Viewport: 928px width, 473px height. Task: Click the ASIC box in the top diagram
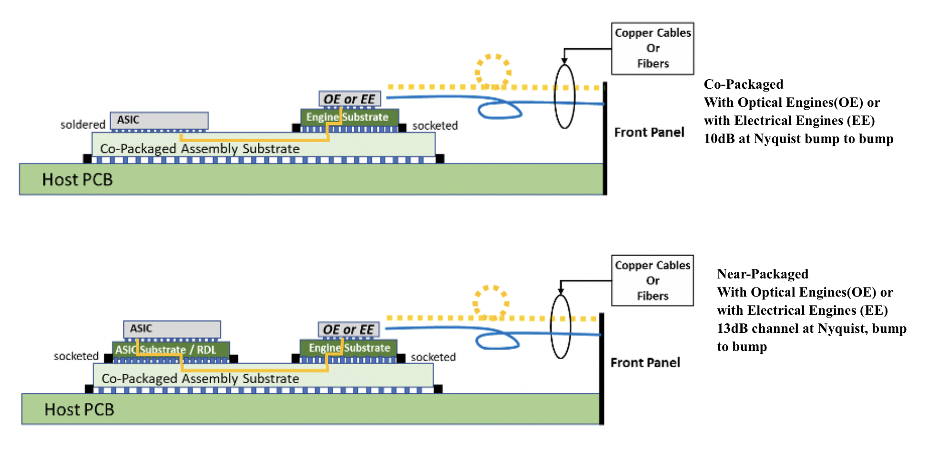coord(159,120)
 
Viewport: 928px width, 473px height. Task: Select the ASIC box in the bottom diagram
coord(172,329)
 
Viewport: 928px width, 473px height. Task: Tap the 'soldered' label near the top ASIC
coord(82,125)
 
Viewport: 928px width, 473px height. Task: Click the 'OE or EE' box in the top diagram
coord(349,99)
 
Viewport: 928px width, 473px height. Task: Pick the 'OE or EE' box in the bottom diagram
coord(348,329)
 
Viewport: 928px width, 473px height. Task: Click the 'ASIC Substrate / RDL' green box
coord(171,350)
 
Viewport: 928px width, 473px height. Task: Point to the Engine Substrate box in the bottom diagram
coord(348,348)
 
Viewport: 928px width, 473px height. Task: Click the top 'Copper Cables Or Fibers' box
coord(652,48)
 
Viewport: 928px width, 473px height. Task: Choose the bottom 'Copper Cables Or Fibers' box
coord(652,280)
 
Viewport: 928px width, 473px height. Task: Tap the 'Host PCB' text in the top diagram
coord(77,180)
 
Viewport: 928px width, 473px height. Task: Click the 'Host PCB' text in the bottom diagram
coord(79,410)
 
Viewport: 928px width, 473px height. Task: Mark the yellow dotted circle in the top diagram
coord(493,72)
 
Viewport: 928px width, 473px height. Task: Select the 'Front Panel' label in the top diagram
coord(649,133)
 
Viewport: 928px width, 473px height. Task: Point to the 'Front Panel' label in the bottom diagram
coord(645,363)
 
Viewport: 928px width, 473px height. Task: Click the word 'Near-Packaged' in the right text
coord(762,274)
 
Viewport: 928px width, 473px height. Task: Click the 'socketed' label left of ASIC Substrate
coord(76,356)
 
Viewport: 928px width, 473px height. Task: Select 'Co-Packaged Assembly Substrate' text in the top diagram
coord(200,149)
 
